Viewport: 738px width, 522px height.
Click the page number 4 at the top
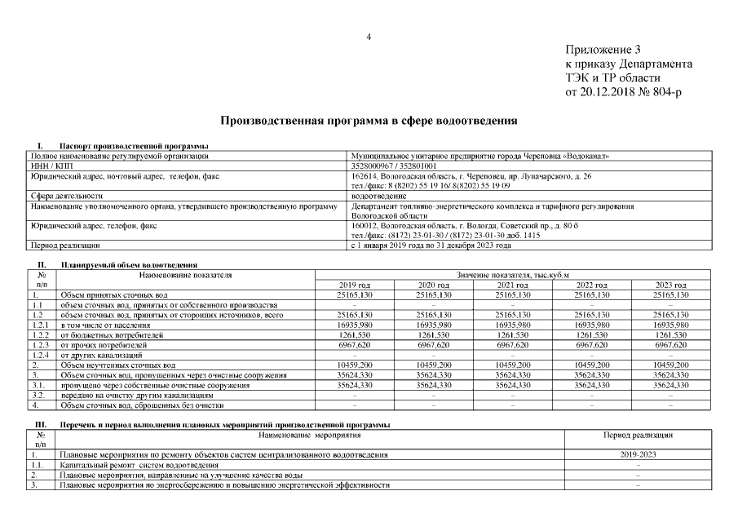coord(369,37)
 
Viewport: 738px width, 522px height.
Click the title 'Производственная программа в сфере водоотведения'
coord(369,121)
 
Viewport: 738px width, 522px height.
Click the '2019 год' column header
coord(354,285)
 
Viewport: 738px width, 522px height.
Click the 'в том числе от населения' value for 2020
coord(433,325)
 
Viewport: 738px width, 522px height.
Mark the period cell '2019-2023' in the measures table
coord(638,453)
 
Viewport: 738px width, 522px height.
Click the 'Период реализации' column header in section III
coord(638,436)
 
